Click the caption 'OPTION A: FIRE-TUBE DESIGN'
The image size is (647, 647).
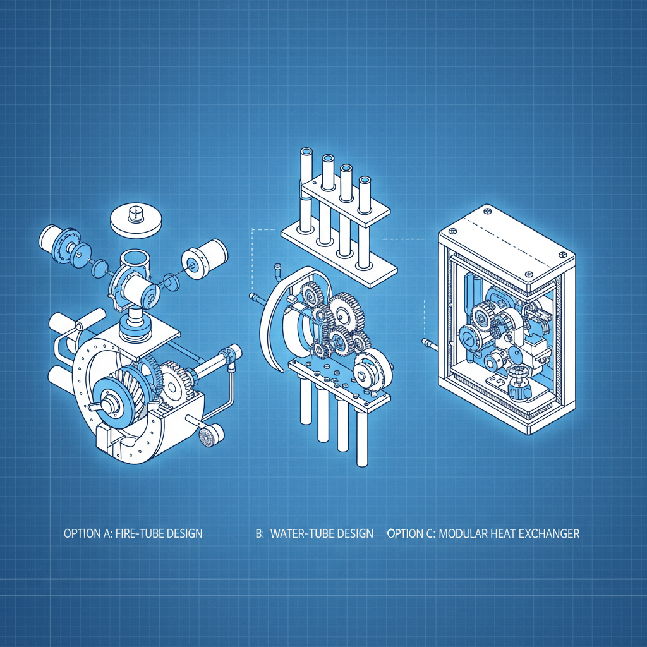pyautogui.click(x=133, y=533)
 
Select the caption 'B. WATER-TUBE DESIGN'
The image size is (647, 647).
pyautogui.click(x=314, y=533)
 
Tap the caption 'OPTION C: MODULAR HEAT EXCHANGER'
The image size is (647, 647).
pyautogui.click(x=483, y=533)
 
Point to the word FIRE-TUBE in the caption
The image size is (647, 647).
pyautogui.click(x=140, y=533)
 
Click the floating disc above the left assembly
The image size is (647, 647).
pyautogui.click(x=137, y=219)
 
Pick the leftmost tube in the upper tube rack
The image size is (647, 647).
pyautogui.click(x=306, y=190)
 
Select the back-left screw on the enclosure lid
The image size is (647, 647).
pyautogui.click(x=487, y=209)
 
